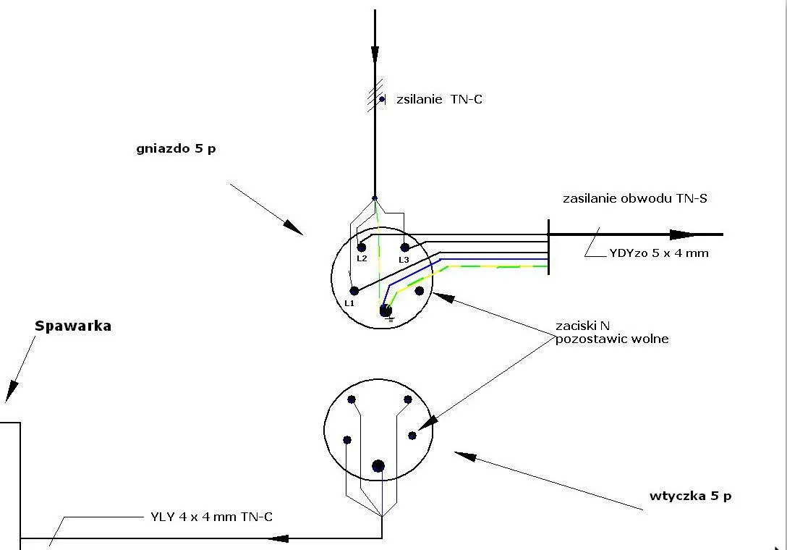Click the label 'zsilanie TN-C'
coord(438,99)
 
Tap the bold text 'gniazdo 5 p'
coord(176,149)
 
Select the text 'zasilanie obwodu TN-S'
coord(634,198)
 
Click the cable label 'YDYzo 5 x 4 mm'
coord(659,253)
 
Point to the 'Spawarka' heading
coord(73,326)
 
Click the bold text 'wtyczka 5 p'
coord(690,496)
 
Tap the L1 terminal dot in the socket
coord(354,291)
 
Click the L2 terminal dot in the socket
coord(361,247)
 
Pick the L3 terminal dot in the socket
coord(405,247)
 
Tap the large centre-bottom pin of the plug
coord(378,466)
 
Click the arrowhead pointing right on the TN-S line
coord(684,234)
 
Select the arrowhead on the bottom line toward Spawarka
coord(279,538)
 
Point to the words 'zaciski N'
coord(582,326)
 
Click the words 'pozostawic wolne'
coord(612,339)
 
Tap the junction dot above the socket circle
coord(375,198)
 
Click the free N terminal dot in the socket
coord(419,291)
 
